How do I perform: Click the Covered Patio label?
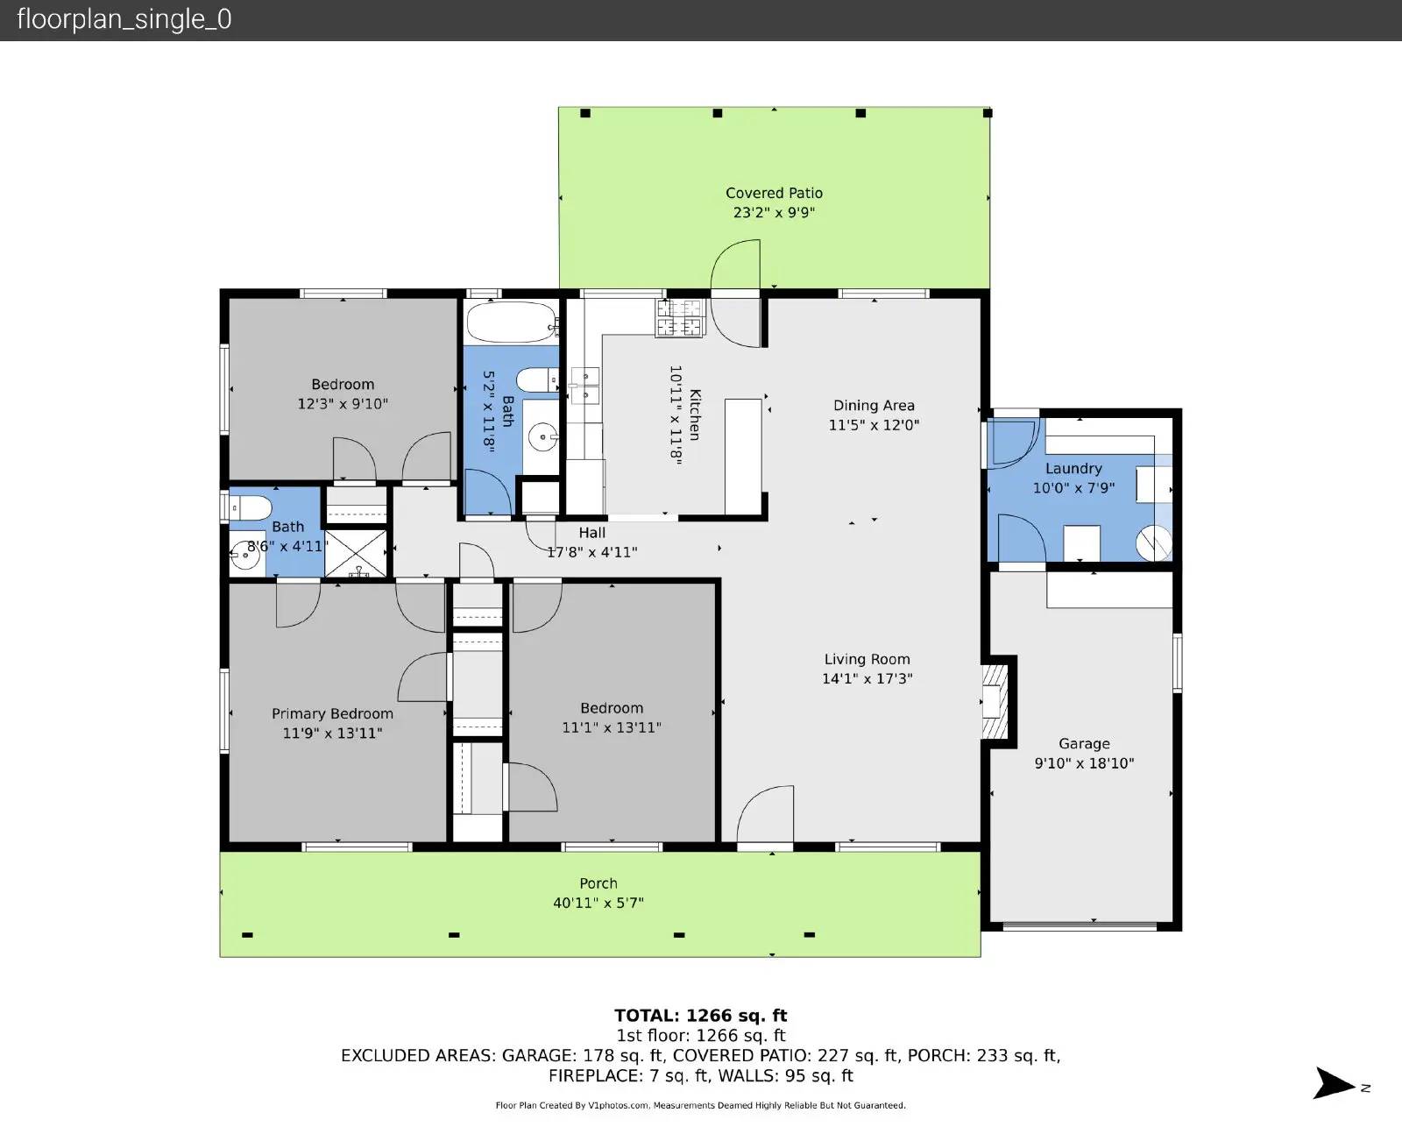point(774,193)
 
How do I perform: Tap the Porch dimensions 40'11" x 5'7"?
point(598,903)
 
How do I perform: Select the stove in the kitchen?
point(679,317)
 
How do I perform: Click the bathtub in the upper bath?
point(511,322)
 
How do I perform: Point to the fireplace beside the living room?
point(995,700)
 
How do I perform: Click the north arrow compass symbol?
point(1334,1083)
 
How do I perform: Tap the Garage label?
point(1084,743)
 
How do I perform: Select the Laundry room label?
point(1073,468)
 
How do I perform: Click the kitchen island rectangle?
point(742,456)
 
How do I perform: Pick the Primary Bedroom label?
point(332,713)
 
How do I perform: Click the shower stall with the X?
point(356,552)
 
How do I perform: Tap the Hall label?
point(592,532)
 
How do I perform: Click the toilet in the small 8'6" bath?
point(249,507)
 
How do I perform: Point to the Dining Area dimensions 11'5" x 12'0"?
point(874,425)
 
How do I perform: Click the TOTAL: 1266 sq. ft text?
point(700,1016)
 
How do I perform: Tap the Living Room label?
point(867,659)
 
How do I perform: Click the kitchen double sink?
point(584,386)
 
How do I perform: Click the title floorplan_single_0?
point(124,19)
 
